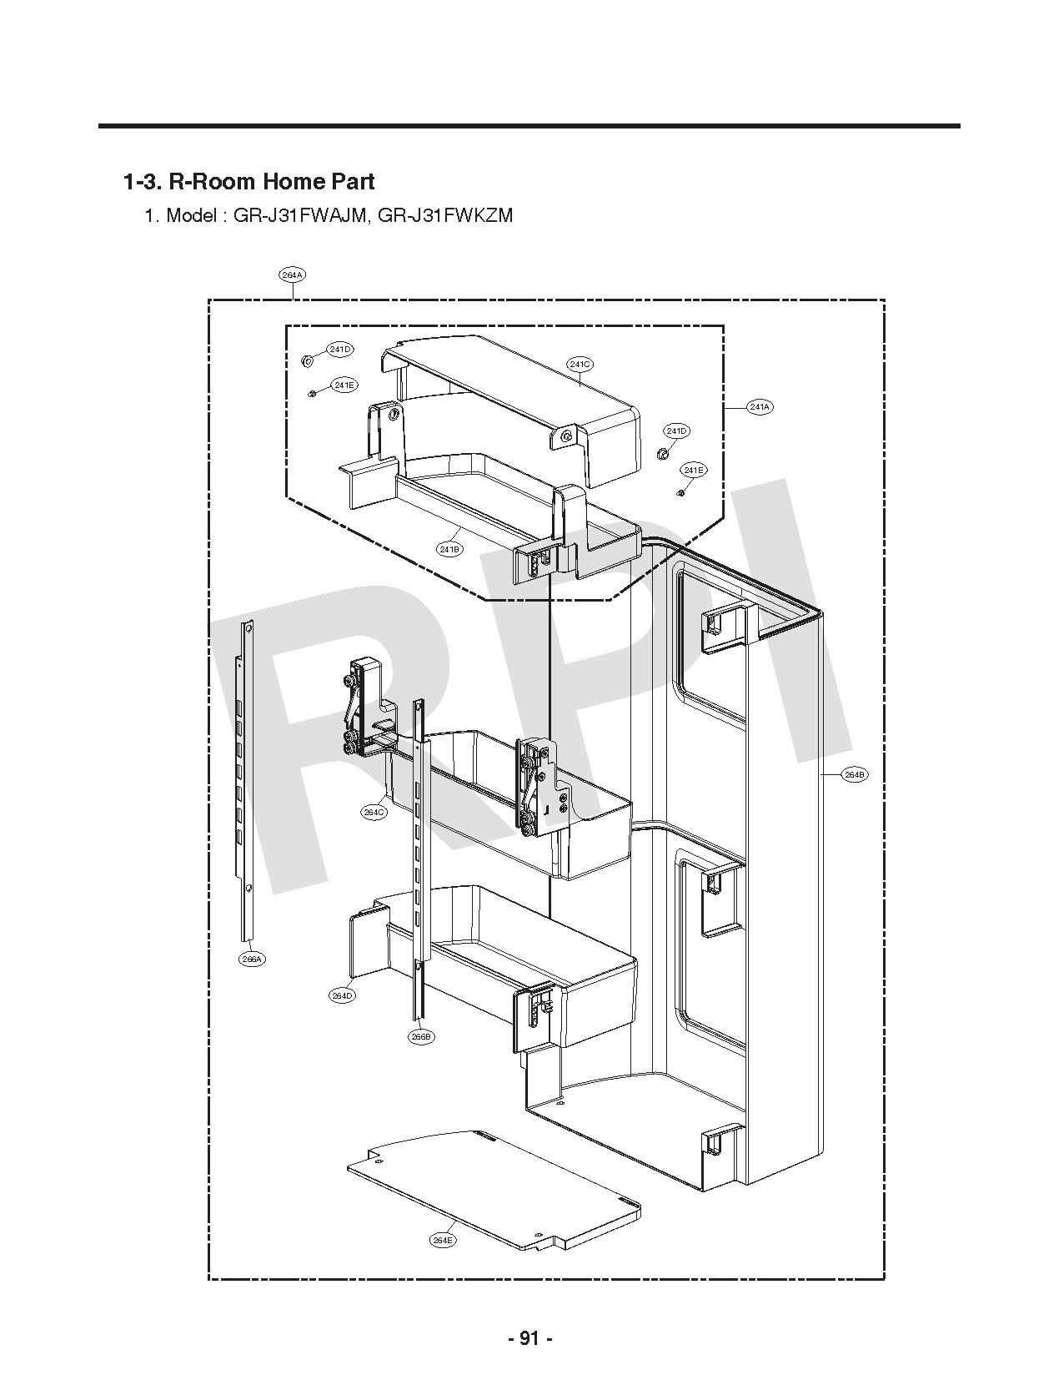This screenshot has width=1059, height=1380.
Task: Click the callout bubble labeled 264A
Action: point(292,274)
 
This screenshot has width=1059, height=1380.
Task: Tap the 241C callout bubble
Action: point(580,364)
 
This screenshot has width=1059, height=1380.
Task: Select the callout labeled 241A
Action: point(759,406)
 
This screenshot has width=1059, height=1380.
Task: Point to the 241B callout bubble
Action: point(449,548)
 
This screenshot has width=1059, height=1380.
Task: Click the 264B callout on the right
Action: point(855,774)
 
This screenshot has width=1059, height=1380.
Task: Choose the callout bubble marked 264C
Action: point(374,812)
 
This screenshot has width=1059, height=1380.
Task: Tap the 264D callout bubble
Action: point(342,995)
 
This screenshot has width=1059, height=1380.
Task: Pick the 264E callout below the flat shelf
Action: point(443,1240)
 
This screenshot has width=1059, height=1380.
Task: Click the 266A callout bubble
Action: point(252,959)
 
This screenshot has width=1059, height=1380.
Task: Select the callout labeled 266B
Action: point(421,1036)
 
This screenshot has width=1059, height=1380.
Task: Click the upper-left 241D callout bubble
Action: point(339,349)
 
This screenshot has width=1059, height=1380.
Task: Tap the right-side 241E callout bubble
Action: point(693,471)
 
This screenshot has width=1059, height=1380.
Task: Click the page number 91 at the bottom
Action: point(530,1338)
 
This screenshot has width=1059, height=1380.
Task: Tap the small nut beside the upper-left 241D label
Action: point(306,360)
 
